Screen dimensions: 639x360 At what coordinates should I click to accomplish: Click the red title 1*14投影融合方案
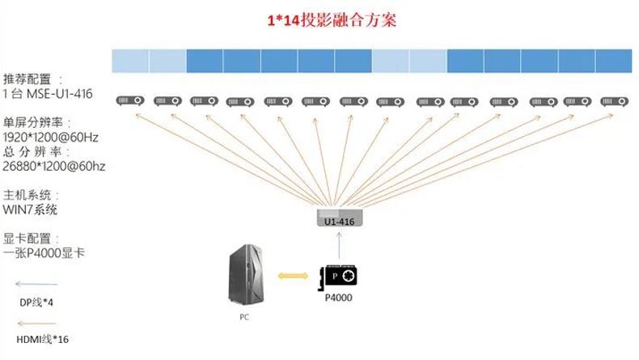(x=332, y=20)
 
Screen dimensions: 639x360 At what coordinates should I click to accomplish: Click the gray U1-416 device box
(x=340, y=218)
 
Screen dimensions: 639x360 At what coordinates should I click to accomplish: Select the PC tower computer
(x=246, y=274)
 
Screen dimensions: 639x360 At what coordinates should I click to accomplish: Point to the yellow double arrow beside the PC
(x=293, y=276)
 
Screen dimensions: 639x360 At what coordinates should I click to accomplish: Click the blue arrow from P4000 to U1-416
(x=339, y=246)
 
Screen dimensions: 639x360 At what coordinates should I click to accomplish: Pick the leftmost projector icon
(x=130, y=100)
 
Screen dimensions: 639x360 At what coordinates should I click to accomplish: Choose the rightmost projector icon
(x=615, y=101)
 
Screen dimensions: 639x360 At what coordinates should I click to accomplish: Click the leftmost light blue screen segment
(x=130, y=61)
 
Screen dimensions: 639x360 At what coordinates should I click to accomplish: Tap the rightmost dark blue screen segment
(x=614, y=61)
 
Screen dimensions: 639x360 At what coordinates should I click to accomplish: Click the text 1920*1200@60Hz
(x=50, y=138)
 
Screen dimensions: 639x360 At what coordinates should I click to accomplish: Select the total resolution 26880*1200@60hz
(x=54, y=167)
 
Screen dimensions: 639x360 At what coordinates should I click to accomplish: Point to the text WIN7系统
(x=30, y=210)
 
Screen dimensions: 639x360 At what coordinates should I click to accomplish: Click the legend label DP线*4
(x=36, y=303)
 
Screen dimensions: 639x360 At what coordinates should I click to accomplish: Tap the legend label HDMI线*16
(x=42, y=339)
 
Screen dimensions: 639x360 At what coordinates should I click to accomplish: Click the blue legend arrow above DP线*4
(x=36, y=284)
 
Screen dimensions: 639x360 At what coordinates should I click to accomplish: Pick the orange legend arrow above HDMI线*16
(x=36, y=324)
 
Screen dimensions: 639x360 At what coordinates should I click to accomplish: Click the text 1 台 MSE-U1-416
(x=47, y=94)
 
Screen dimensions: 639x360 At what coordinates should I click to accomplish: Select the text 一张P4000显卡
(x=44, y=252)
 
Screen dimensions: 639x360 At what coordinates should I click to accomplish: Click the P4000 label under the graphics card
(x=338, y=298)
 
